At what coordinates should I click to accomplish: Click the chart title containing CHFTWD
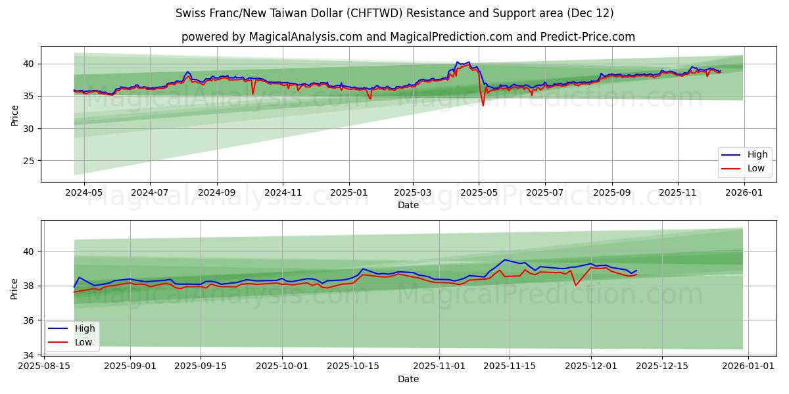click(394, 13)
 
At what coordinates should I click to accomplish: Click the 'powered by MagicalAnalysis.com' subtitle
click(408, 37)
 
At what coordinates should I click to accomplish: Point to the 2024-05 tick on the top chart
click(83, 192)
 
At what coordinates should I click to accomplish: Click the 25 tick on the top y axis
click(30, 161)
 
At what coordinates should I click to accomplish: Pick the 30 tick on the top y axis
click(30, 129)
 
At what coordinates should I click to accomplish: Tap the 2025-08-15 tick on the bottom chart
click(43, 366)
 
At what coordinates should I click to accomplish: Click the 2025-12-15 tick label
click(661, 366)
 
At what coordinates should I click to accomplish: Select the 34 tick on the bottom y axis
click(30, 355)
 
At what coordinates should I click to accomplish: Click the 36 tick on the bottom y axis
click(30, 320)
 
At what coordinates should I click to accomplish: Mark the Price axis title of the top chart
click(14, 114)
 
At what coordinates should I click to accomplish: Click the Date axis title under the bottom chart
click(408, 379)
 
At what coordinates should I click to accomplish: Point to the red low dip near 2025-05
click(483, 105)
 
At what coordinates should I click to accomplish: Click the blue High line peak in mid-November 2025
click(505, 259)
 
